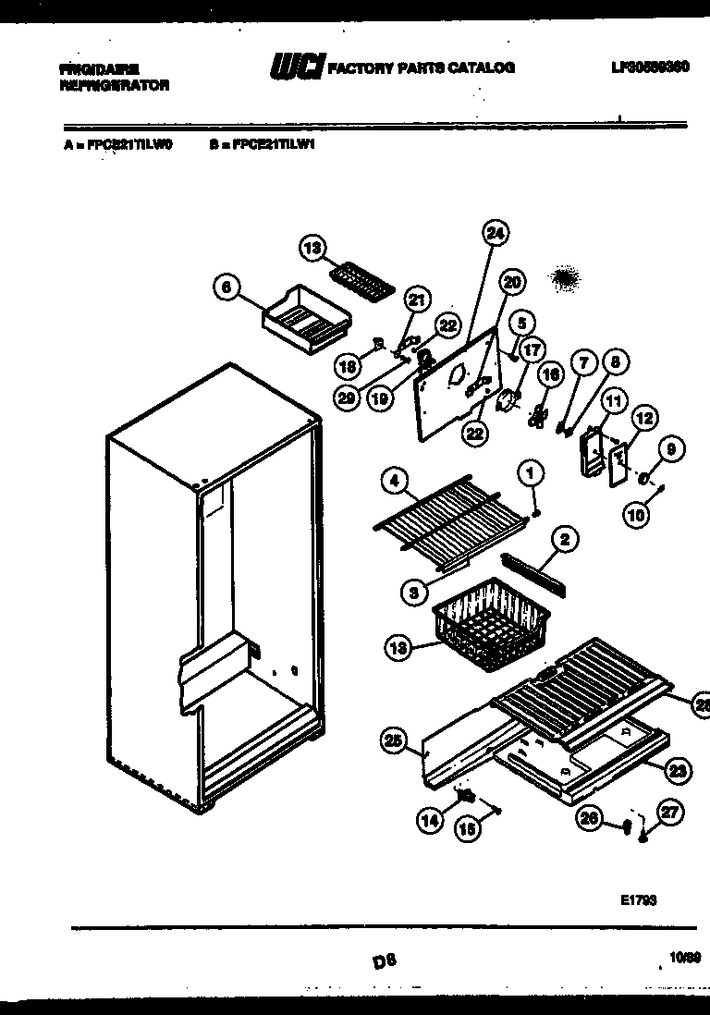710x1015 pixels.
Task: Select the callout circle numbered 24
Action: pyautogui.click(x=495, y=234)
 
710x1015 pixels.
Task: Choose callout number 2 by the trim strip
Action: pyautogui.click(x=565, y=539)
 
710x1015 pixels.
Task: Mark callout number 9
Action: pyautogui.click(x=672, y=449)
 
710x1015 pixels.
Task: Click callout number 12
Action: pyautogui.click(x=644, y=419)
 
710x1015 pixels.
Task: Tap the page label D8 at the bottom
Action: pyautogui.click(x=379, y=961)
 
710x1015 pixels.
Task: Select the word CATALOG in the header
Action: pyautogui.click(x=479, y=67)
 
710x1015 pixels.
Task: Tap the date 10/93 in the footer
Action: pyautogui.click(x=685, y=960)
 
